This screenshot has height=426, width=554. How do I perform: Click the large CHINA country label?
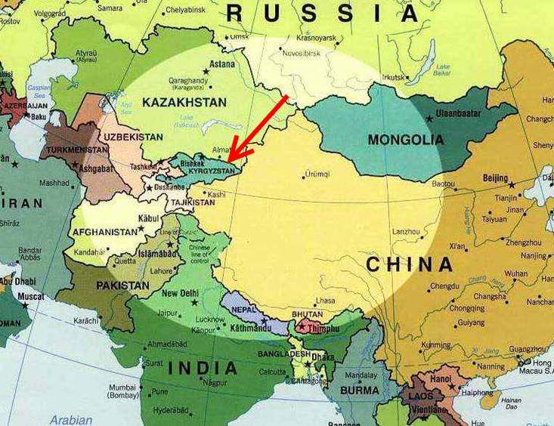coord(410,264)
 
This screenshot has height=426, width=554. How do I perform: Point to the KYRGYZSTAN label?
coord(216,171)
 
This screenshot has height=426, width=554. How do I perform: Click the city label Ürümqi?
coord(316,174)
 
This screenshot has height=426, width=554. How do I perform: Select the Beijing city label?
coord(495,177)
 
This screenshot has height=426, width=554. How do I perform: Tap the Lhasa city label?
coord(325,301)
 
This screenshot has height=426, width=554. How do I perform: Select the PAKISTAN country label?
coord(122,286)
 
